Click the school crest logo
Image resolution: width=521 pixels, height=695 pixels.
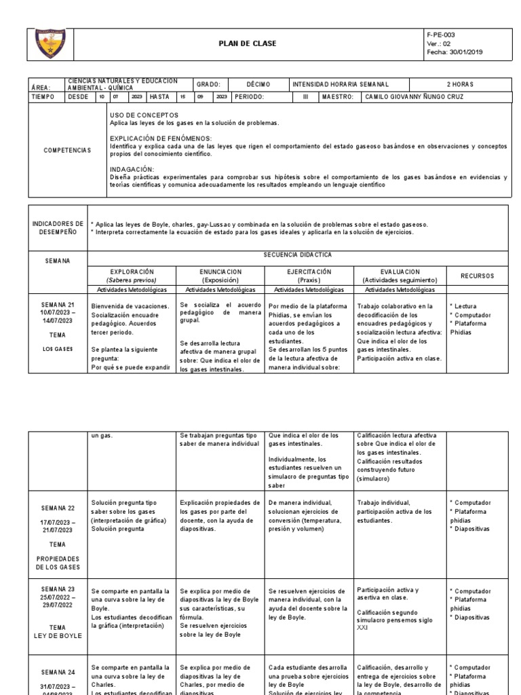49,43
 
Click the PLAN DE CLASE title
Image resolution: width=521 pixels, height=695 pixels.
247,44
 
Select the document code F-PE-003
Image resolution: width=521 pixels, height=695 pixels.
441,34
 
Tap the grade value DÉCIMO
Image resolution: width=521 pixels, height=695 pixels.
258,84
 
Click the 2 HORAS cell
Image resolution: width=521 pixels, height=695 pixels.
460,84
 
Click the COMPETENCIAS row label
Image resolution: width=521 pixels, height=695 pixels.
67,150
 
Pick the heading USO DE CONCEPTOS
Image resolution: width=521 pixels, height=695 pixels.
143,115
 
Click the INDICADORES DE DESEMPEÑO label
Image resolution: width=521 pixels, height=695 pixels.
58,227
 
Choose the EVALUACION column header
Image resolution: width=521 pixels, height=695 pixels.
400,271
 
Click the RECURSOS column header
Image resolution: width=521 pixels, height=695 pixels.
478,276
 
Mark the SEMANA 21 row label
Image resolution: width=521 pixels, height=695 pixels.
58,304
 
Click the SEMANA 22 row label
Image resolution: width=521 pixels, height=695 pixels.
58,508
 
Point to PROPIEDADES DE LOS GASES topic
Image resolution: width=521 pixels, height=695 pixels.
58,561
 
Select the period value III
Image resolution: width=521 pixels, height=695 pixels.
305,96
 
